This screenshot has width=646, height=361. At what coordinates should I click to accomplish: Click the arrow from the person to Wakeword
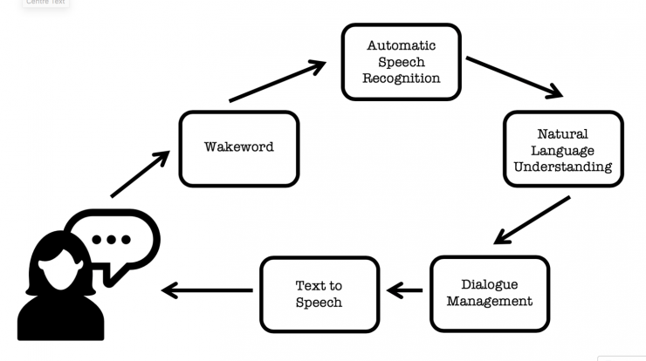pyautogui.click(x=140, y=174)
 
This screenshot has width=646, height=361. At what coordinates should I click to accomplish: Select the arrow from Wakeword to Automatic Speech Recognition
pyautogui.click(x=278, y=81)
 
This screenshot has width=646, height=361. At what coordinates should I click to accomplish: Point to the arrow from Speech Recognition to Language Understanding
pyautogui.click(x=514, y=78)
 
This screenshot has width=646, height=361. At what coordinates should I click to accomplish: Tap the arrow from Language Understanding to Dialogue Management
pyautogui.click(x=532, y=221)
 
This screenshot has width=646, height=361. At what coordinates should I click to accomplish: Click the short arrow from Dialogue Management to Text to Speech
pyautogui.click(x=404, y=290)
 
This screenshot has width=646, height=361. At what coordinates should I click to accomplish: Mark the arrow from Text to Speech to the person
pyautogui.click(x=207, y=290)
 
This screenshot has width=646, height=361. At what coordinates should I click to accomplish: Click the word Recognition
pyautogui.click(x=402, y=78)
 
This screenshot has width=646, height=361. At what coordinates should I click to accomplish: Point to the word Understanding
pyautogui.click(x=563, y=167)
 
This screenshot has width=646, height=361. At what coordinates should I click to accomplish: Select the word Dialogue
pyautogui.click(x=490, y=285)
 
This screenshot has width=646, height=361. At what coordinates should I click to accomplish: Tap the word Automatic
pyautogui.click(x=402, y=45)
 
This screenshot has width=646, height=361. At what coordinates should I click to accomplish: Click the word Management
pyautogui.click(x=490, y=302)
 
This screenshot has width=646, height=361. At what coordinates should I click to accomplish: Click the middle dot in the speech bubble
pyautogui.click(x=111, y=240)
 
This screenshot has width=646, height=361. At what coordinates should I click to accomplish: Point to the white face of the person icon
pyautogui.click(x=60, y=273)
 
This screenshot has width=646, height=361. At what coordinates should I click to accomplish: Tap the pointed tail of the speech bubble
pyautogui.click(x=110, y=281)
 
